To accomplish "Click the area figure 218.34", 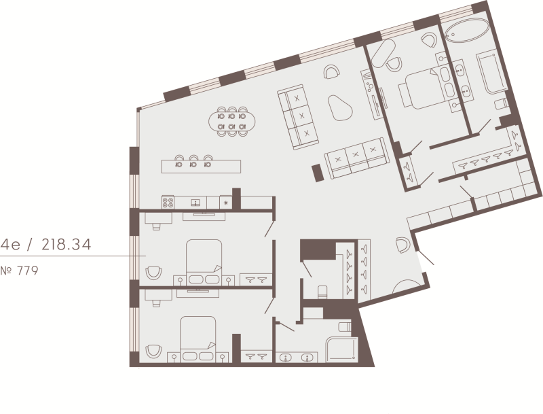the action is click(x=66, y=245).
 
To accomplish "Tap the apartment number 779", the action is click(x=27, y=271).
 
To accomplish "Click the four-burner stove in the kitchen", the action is click(x=168, y=202).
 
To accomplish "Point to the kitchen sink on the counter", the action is click(x=196, y=203).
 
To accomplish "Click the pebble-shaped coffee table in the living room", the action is click(x=340, y=108).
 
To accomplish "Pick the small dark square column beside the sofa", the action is click(x=318, y=173).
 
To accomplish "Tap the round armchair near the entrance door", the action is click(x=402, y=245).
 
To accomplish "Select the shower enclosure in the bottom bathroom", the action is click(x=341, y=349).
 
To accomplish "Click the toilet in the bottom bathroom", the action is click(x=345, y=326).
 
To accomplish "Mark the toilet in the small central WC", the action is click(x=322, y=292).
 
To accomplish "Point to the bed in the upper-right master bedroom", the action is click(x=422, y=89).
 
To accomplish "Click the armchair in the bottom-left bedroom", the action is click(x=153, y=351).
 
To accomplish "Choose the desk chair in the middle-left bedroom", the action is click(x=157, y=226).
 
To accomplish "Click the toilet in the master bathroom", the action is click(x=501, y=104).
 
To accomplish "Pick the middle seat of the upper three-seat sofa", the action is click(x=301, y=116).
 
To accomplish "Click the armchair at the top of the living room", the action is click(x=332, y=72).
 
